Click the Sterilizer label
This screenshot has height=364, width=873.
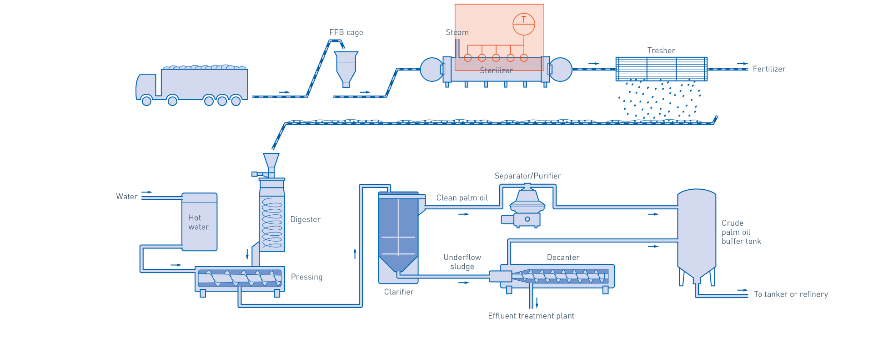point(496,71)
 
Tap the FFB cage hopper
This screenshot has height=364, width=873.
point(346,66)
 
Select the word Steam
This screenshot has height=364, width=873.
point(457,32)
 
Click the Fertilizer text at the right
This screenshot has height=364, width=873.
point(769,69)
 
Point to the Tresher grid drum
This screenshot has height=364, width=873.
point(661,69)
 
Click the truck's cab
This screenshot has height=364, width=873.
point(146,86)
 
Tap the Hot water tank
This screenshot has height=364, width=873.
point(200,222)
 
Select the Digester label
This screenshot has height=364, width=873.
point(305,219)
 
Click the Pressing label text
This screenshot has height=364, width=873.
point(307,277)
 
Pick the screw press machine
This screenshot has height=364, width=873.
point(240,278)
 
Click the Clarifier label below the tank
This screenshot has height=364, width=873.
point(399,292)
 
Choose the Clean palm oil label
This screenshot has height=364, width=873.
point(462,198)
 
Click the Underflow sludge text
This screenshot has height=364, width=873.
point(462,262)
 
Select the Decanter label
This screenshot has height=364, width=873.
point(563,257)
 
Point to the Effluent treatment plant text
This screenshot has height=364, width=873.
point(531,316)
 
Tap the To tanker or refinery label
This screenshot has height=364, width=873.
point(791,294)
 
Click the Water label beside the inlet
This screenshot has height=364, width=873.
point(126,197)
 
